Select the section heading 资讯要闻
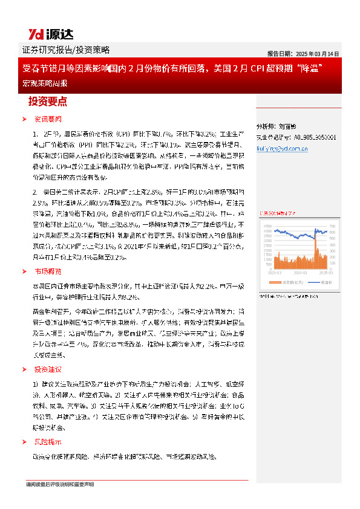48,118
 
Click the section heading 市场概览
48,271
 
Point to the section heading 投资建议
48,369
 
